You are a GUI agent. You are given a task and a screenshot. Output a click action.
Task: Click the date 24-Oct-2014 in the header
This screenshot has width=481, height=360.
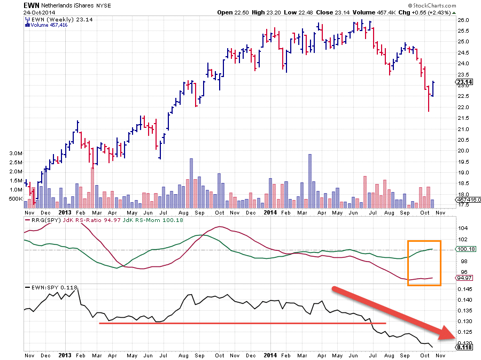point(38,12)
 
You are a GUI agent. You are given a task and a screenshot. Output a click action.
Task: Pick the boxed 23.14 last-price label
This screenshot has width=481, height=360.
point(463,82)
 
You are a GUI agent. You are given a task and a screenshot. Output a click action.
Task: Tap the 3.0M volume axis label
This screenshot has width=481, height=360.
point(15,153)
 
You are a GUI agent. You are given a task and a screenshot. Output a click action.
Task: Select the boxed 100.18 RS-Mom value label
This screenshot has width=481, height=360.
point(464,249)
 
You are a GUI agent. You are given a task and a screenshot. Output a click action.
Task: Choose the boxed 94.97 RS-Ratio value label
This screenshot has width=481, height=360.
point(463,278)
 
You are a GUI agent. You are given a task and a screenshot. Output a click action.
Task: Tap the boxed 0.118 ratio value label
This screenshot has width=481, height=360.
point(464,347)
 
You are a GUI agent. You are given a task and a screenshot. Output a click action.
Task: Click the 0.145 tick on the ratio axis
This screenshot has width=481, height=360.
point(464,289)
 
